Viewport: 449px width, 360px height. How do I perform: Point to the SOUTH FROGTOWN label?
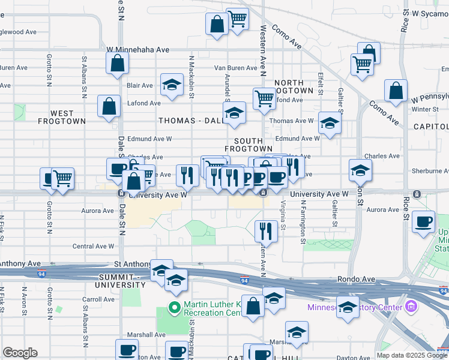tap(249, 143)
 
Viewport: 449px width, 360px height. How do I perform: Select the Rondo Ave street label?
tap(355, 279)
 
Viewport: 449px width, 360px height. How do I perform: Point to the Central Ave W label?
tap(93, 246)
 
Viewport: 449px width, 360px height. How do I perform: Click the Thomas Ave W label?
tap(292, 121)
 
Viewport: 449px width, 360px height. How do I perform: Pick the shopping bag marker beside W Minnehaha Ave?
tap(118, 62)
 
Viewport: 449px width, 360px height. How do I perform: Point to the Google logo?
tap(20, 353)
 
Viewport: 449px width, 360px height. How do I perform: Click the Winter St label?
tap(426, 109)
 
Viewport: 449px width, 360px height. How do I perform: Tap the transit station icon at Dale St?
tap(121, 193)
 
